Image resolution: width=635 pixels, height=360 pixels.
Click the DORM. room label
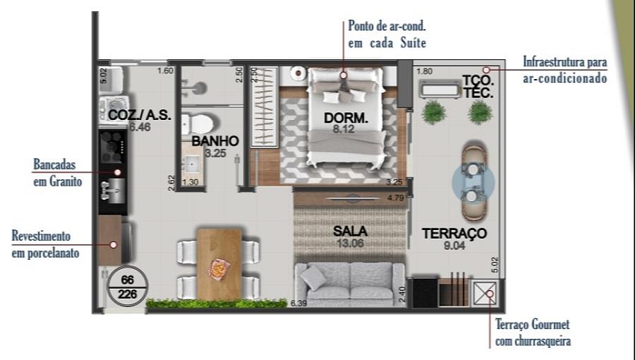346,119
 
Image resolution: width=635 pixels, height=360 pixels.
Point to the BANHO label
214,141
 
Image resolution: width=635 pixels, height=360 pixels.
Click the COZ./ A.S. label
139,115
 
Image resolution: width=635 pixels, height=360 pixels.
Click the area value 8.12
346,130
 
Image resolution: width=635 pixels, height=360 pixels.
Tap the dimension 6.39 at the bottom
300,304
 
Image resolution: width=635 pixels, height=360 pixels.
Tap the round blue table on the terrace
473,182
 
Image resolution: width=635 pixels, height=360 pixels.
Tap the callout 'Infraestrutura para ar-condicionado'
564,70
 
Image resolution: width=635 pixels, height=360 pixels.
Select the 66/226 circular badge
127,286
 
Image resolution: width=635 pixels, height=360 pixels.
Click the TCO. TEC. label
478,86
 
